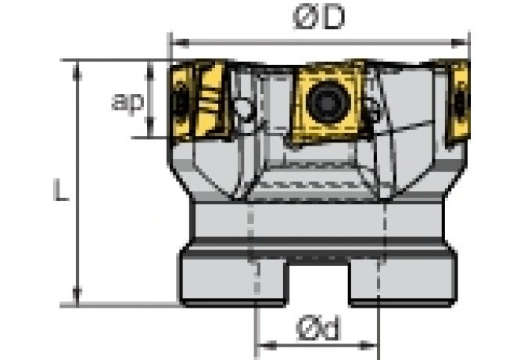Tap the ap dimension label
(127, 102)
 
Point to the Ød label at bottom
(318, 331)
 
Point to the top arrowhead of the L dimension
(77, 66)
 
